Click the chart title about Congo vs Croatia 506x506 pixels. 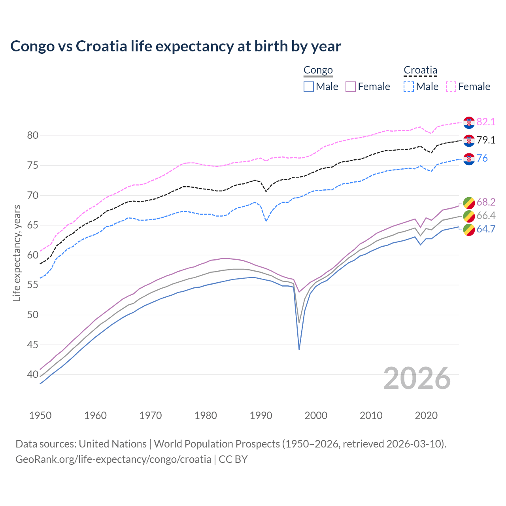point(176,46)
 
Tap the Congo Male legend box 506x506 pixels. point(309,87)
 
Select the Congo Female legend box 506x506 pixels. point(351,87)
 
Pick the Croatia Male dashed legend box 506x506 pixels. point(409,87)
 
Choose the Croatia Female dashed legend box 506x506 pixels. point(451,87)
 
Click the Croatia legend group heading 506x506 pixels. point(420,70)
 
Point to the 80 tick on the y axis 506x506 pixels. point(33,136)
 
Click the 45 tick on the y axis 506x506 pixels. point(33,345)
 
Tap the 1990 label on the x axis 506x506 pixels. point(261,415)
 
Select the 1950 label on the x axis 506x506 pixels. point(40,415)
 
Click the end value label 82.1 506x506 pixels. point(486,122)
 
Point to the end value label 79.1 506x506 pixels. point(486,140)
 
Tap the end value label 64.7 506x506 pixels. point(486,229)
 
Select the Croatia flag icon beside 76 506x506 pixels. point(469,159)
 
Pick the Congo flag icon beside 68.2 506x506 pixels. point(469,203)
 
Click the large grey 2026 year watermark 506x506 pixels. point(417,378)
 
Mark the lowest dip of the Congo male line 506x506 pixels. point(299,349)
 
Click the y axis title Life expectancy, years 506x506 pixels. point(17,253)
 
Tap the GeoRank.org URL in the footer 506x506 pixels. point(113,459)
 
